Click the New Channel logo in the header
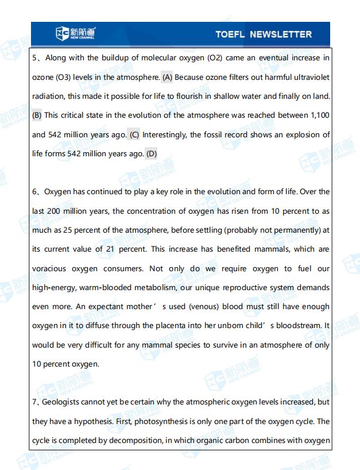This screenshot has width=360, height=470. coord(75,34)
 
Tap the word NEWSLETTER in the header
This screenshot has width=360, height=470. coord(281,34)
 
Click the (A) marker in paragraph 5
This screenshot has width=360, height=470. coord(168,77)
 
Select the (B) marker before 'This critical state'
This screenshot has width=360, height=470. coord(37,115)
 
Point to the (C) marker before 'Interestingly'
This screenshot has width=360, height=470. coord(134,135)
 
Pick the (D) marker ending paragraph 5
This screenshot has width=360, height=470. coord(151,154)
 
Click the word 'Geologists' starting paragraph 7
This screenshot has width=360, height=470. coord(63,402)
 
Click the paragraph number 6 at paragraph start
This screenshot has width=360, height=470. coord(34,192)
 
